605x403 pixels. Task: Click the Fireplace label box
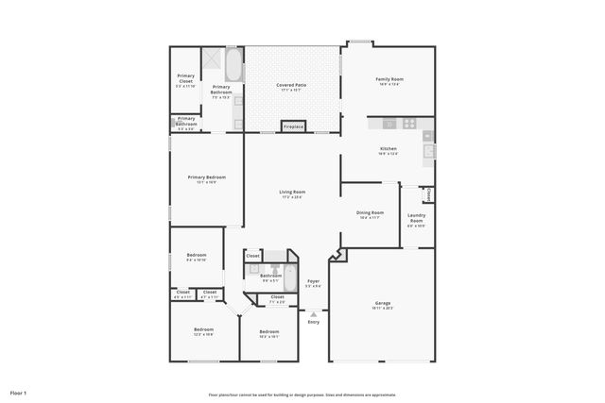(x=293, y=126)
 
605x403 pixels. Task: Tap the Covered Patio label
(x=291, y=86)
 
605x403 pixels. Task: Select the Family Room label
(x=389, y=80)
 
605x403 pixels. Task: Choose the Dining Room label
(x=370, y=214)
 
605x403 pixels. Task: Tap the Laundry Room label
(x=416, y=221)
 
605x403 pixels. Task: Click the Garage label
(x=382, y=304)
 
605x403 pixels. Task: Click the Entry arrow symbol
(x=314, y=314)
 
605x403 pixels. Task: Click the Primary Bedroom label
(x=206, y=178)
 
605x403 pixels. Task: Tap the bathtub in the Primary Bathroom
(x=233, y=66)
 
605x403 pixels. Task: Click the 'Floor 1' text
(x=18, y=392)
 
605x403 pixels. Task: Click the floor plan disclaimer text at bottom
(x=302, y=395)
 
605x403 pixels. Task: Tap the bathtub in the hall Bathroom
(x=290, y=278)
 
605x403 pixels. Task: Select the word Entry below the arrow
(x=314, y=322)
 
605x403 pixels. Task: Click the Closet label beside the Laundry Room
(x=428, y=194)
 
